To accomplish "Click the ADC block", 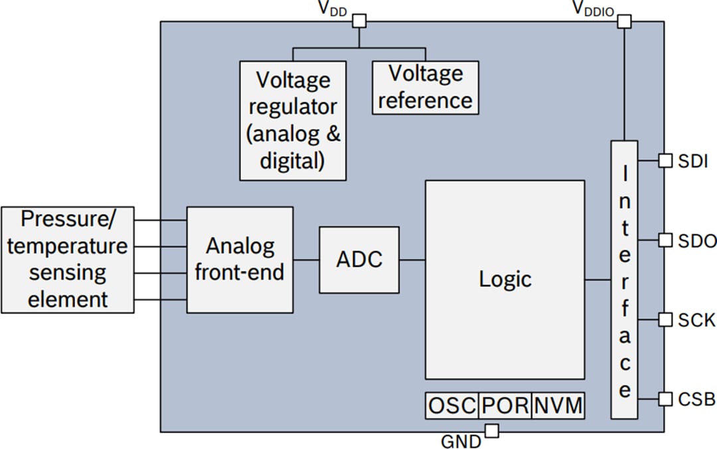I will point(359,260).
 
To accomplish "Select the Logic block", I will point(505,280).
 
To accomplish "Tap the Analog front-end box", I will point(240,260).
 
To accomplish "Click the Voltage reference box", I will point(425,87).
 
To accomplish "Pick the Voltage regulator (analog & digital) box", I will point(293,120).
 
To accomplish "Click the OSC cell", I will point(451,405).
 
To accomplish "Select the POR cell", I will point(505,405).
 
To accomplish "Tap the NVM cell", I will point(558,405).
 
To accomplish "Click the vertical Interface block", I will point(624,280).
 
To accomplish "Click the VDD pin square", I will point(359,21).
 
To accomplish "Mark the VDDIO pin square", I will point(624,21).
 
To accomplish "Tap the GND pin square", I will point(491,432).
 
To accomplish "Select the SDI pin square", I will point(665,160).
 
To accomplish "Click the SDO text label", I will point(697,240).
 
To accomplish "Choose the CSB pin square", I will point(665,399).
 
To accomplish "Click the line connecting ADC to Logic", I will point(412,260).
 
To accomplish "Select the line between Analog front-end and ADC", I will point(306,260).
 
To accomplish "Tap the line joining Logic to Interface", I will point(597,280).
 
